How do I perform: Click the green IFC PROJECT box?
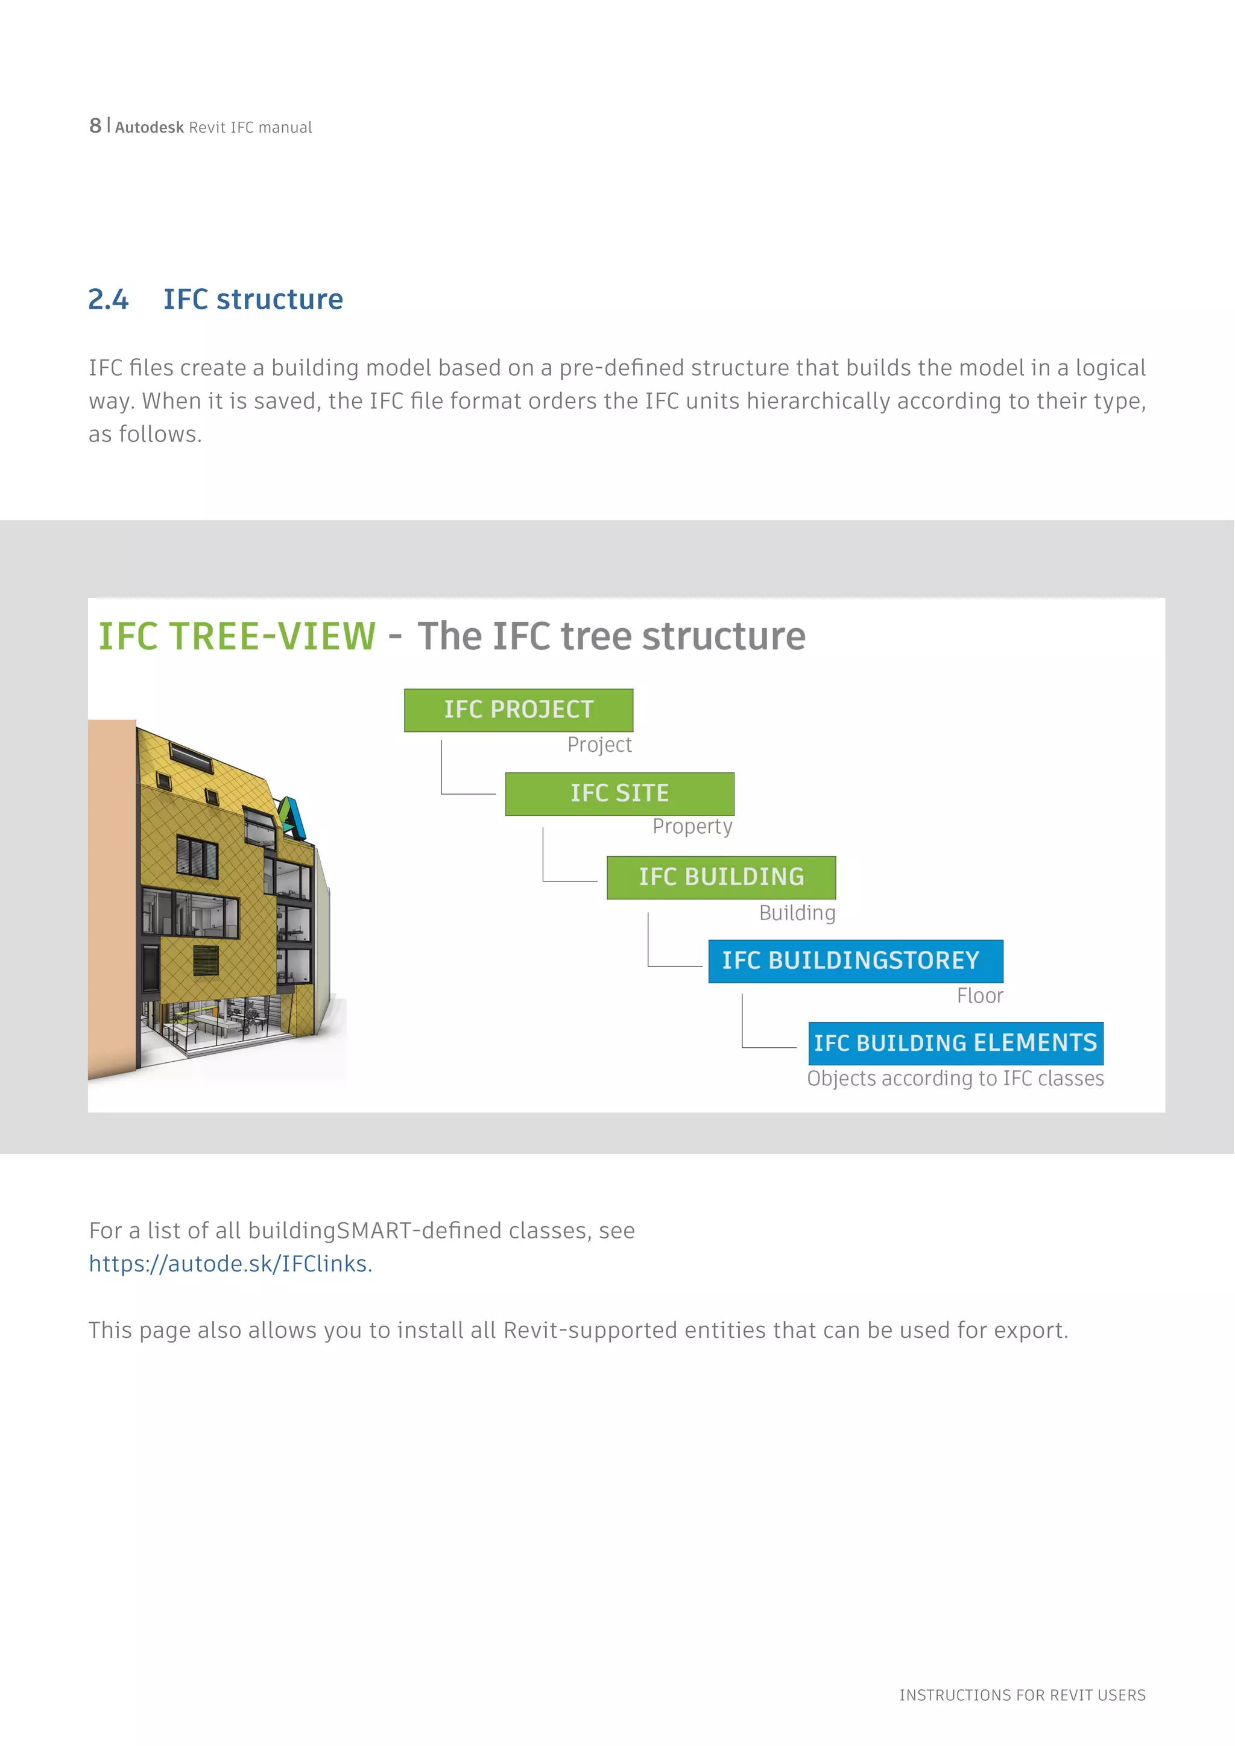point(518,710)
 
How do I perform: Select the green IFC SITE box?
point(619,794)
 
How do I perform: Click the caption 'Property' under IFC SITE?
point(692,827)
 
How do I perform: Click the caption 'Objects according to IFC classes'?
point(955,1079)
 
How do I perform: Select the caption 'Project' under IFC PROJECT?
point(599,745)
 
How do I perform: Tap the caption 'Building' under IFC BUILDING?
point(797,913)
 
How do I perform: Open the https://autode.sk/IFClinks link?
point(230,1264)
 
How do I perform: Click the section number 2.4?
point(108,300)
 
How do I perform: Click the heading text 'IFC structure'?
point(253,300)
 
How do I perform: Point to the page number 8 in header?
point(95,125)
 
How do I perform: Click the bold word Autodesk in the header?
point(149,128)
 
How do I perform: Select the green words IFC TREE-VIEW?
point(237,637)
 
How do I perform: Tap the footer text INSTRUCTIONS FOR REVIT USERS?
point(1022,1695)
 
